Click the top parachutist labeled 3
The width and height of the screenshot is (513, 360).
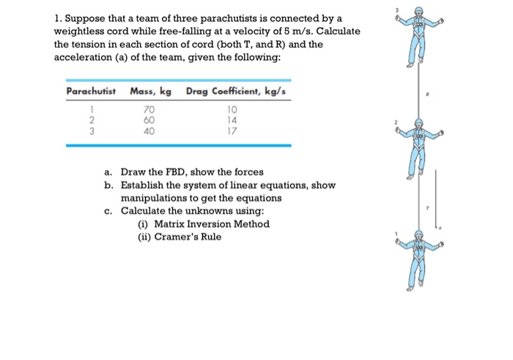click(418, 37)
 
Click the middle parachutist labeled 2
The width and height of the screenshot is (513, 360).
click(418, 146)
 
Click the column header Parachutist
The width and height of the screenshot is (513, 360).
click(91, 91)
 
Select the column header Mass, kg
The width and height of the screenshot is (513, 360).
click(151, 91)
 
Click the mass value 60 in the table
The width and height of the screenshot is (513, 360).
click(149, 120)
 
